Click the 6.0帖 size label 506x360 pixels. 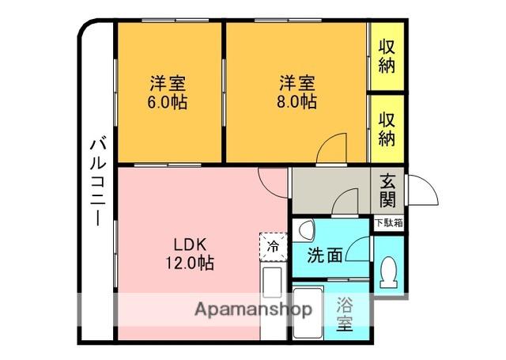[x=167, y=103]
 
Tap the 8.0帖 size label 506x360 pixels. [x=296, y=102]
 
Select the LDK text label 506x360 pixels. [x=190, y=245]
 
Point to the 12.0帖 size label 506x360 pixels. [x=190, y=263]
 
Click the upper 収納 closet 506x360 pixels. [x=387, y=56]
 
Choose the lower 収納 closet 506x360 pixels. [x=387, y=128]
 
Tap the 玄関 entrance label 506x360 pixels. [x=387, y=191]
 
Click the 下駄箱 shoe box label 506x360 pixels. [x=389, y=223]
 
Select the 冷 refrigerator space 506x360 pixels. [x=274, y=247]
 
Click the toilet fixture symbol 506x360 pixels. [x=388, y=272]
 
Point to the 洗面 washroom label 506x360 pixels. [x=324, y=256]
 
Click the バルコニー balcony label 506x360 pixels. [x=98, y=183]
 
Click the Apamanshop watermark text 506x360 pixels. [x=253, y=310]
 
